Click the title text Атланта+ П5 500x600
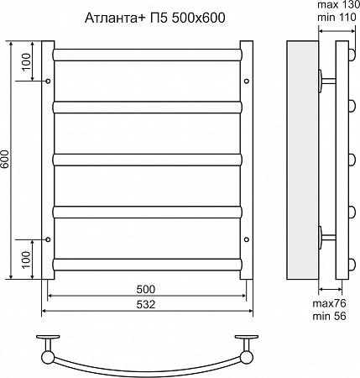pos(154,18)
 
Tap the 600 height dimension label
pos(5,160)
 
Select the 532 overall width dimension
pos(146,304)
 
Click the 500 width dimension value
pos(146,289)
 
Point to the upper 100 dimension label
pos(26,62)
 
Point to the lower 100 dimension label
pos(26,260)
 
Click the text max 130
pos(338,5)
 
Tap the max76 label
pos(329,303)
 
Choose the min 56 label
pos(329,316)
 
